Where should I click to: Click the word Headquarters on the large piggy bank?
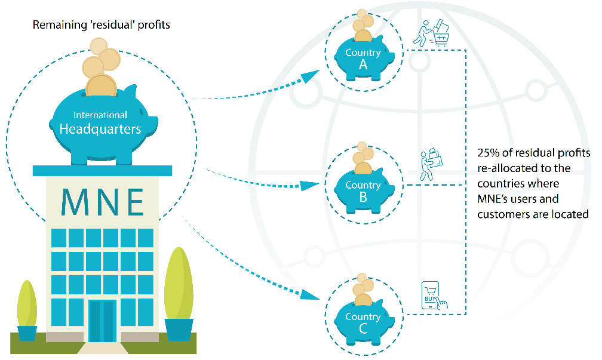100,129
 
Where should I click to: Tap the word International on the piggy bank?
100,115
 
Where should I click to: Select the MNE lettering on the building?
103,202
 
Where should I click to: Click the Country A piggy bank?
364,57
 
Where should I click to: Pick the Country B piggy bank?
364,190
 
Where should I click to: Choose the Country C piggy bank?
364,322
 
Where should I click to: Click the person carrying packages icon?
431,164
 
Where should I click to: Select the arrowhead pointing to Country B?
310,185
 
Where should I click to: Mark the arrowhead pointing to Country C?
310,294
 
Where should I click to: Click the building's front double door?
102,321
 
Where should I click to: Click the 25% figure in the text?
488,153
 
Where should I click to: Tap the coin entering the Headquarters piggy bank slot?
101,85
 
